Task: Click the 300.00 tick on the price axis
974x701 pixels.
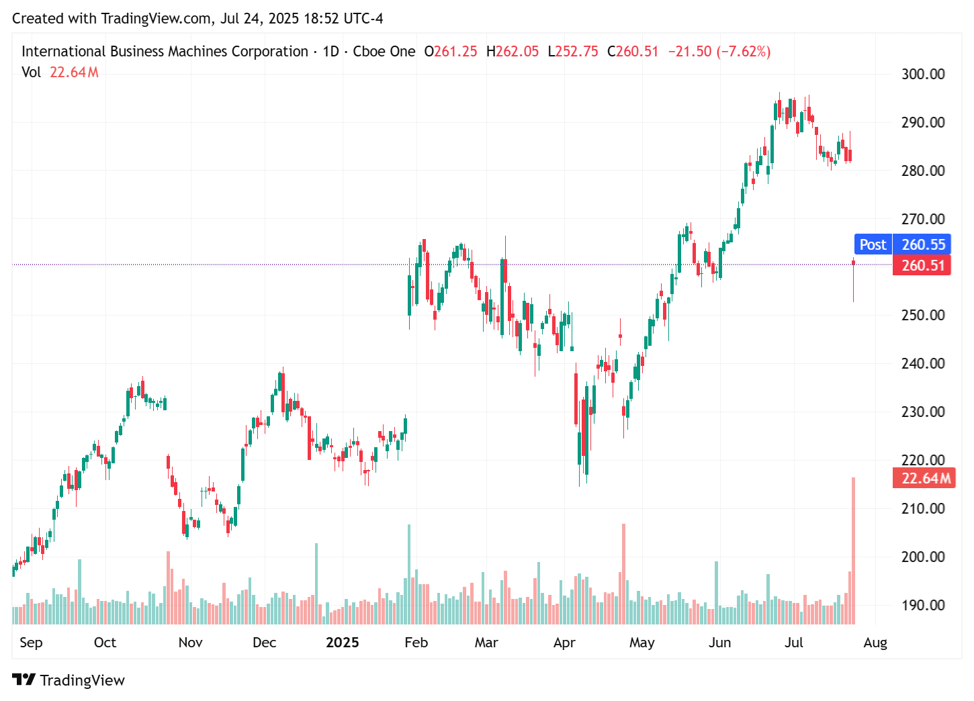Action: coord(922,75)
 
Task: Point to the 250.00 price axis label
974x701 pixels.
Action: coord(922,316)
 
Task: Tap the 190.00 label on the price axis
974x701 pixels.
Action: coord(922,605)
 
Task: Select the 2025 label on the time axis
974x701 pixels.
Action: coord(342,643)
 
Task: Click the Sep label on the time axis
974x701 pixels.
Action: coord(31,643)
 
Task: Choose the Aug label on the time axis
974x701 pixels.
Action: coord(875,643)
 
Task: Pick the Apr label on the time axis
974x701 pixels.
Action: coord(564,643)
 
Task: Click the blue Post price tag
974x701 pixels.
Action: coord(873,244)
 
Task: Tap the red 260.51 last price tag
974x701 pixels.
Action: coord(922,265)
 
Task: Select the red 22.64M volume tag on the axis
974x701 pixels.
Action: coord(925,478)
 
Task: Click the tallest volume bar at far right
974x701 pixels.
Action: coord(853,551)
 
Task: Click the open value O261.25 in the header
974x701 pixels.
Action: coord(451,52)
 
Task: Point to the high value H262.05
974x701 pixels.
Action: coord(513,52)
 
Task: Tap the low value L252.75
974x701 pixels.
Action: coord(573,52)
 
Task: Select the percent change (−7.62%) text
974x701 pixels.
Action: coord(744,52)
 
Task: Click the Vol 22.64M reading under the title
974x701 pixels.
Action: coord(60,73)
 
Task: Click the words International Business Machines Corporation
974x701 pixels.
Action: coord(165,52)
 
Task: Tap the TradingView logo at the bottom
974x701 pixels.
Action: coord(69,680)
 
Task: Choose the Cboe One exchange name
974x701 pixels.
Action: coord(384,52)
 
